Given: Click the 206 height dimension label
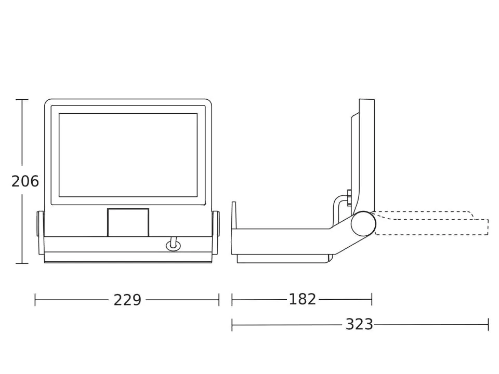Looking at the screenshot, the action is tap(25, 181).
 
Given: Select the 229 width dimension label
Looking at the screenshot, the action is tap(127, 300).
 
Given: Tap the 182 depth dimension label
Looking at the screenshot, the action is tap(303, 299).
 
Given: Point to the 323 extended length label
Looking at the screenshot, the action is tap(359, 324).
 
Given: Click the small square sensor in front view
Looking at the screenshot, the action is tap(128, 222).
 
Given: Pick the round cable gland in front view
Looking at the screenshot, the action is tap(173, 246).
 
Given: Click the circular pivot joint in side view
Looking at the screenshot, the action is tap(363, 223).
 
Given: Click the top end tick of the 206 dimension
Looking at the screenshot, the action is tap(22, 100).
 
